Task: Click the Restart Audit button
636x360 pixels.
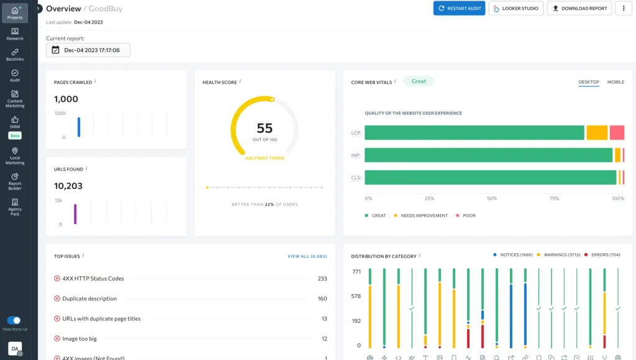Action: (459, 9)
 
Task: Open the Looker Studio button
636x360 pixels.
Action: (516, 9)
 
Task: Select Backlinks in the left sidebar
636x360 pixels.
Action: (15, 55)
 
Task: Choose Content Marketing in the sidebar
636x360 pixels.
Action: (15, 99)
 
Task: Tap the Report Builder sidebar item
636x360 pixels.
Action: (15, 181)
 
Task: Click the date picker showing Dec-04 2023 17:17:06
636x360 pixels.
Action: (88, 50)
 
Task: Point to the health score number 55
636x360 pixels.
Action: (265, 128)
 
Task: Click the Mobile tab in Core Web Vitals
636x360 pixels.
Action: (616, 82)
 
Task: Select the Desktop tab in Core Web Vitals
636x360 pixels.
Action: (588, 82)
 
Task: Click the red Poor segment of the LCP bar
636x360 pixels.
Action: (617, 133)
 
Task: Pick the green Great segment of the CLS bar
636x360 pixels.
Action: (490, 178)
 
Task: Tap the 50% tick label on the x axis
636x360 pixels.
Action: (492, 199)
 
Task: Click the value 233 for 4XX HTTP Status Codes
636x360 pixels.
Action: (322, 279)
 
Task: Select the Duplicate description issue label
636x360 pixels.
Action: (89, 299)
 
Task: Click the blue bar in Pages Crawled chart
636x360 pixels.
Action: (79, 127)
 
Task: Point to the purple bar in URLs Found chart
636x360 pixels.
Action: (75, 214)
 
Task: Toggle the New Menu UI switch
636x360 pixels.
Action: (14, 320)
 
